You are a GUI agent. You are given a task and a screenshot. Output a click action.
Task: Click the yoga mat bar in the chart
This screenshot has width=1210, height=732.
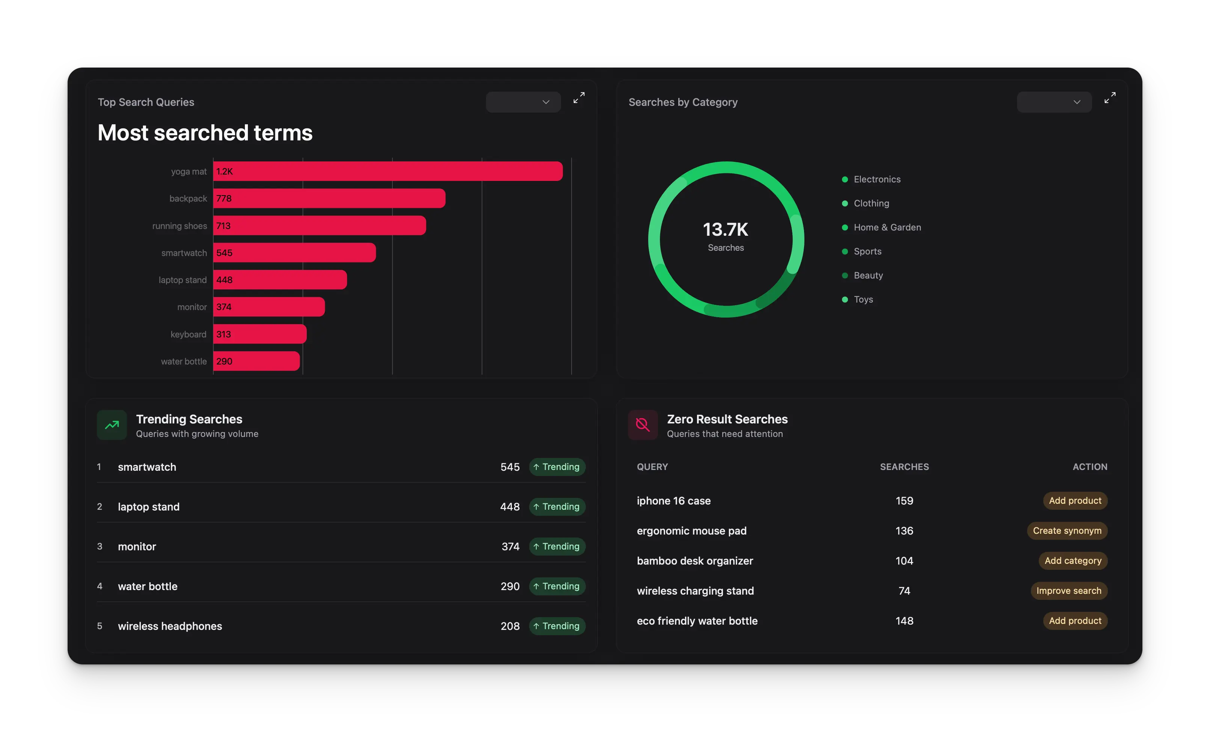tap(388, 171)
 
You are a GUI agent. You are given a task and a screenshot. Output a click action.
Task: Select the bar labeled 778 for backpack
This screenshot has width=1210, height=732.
tap(329, 198)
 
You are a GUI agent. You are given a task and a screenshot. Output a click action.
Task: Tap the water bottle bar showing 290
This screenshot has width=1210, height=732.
tap(256, 361)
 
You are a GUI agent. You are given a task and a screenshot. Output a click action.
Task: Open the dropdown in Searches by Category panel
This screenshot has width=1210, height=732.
tap(1054, 102)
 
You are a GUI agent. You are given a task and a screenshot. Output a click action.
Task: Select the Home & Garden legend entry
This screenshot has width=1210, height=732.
tap(887, 227)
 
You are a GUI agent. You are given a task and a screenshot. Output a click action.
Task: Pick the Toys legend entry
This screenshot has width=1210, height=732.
tap(863, 300)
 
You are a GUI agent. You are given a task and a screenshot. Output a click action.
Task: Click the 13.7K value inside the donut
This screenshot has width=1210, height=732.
tap(725, 230)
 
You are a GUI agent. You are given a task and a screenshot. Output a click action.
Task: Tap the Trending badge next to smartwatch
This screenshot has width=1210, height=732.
tap(557, 467)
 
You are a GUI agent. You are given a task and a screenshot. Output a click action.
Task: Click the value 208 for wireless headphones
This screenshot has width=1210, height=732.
tap(510, 626)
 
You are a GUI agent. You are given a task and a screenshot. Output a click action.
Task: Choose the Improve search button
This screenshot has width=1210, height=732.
tap(1068, 590)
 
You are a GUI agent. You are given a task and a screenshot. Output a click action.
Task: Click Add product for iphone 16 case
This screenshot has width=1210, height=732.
tap(1074, 501)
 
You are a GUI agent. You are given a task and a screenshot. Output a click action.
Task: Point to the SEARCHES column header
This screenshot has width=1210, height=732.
tap(904, 467)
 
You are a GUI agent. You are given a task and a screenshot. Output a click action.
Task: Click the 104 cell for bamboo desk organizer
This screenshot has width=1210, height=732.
tap(904, 561)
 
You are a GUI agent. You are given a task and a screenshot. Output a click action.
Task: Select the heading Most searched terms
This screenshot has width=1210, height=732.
tap(205, 133)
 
